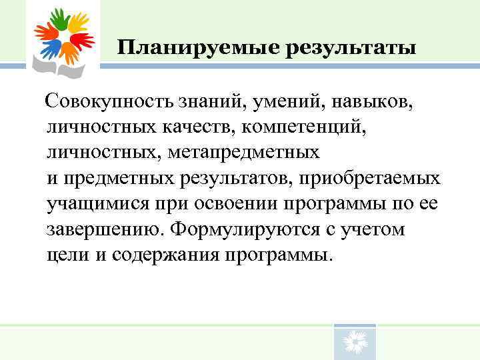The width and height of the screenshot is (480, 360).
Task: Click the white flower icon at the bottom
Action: (x=354, y=343)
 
